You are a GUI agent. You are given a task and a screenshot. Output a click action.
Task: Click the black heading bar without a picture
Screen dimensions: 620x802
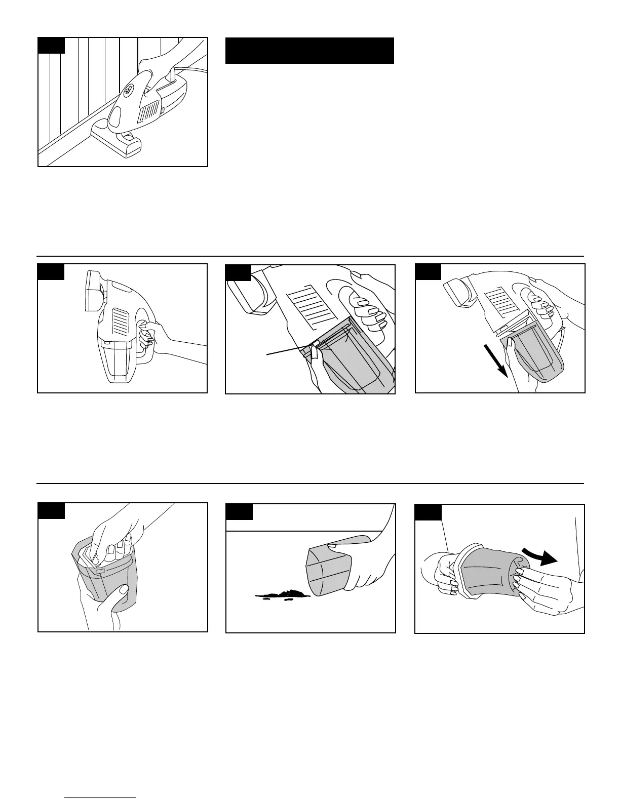pos(309,50)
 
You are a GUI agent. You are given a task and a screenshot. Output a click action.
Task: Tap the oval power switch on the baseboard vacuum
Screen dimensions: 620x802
pos(129,90)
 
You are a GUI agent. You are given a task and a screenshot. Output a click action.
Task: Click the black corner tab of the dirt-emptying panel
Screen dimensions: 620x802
pos(239,512)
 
